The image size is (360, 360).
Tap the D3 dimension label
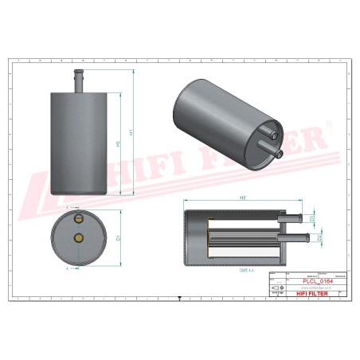312,217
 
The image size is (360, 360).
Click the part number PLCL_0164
316,281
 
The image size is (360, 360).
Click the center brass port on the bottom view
78,237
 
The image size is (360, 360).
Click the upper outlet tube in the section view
292,217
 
